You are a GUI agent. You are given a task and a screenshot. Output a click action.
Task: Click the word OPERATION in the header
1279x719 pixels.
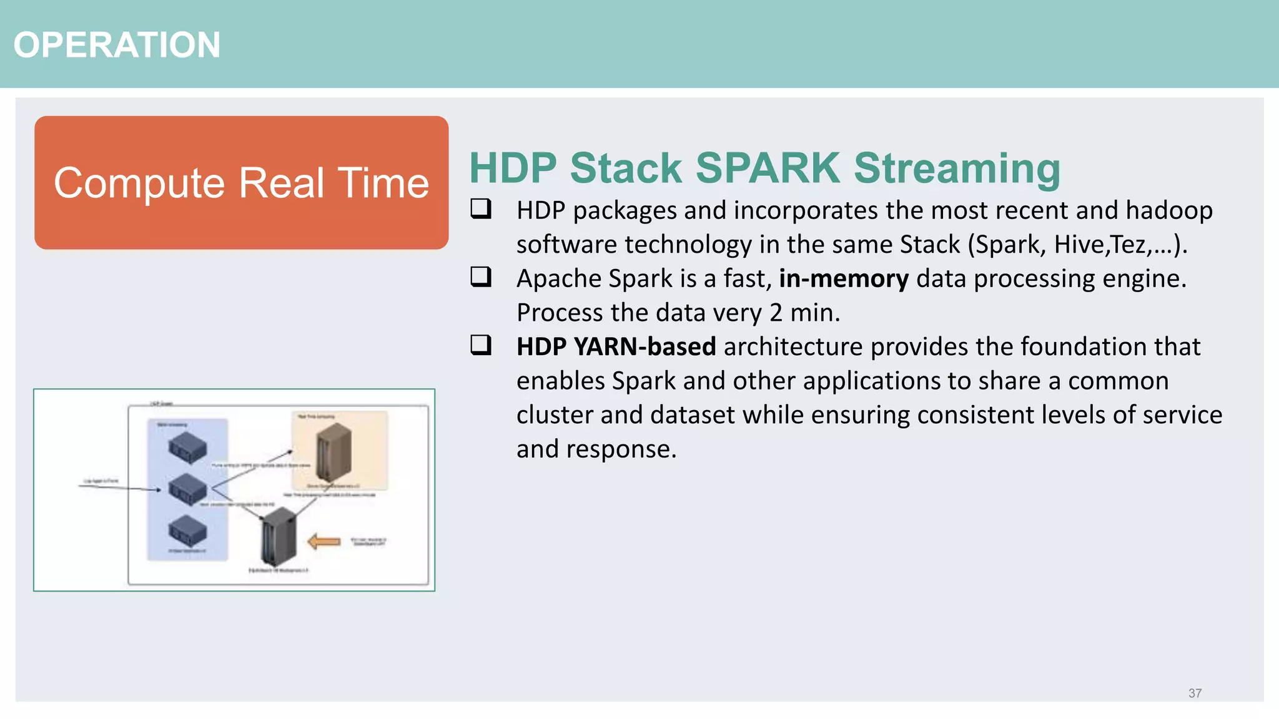coord(117,45)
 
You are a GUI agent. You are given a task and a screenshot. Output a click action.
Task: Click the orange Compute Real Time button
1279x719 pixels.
coord(241,183)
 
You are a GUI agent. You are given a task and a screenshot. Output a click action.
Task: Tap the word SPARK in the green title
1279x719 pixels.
coord(768,168)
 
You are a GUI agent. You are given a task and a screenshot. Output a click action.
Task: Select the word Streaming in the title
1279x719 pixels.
coord(957,168)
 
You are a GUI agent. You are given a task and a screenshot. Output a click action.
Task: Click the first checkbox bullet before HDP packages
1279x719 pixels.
coord(481,208)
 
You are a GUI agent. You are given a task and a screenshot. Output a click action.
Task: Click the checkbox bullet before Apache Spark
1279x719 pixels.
coord(481,276)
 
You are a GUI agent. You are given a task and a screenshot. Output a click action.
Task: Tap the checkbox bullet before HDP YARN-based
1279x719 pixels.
coord(481,345)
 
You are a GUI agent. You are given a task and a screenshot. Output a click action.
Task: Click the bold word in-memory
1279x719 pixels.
coord(844,278)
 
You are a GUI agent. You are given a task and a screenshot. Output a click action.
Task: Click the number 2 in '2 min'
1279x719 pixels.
coord(776,313)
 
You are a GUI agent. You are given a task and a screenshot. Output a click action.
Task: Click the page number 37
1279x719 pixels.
coord(1195,693)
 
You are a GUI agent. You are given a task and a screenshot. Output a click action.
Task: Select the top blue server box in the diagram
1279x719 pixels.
coord(187,448)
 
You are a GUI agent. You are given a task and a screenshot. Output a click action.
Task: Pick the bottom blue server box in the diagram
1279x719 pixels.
coord(187,531)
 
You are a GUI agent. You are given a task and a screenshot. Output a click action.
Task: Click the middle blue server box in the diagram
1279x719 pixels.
coord(187,489)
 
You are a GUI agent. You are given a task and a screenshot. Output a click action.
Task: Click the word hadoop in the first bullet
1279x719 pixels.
coord(1168,210)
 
